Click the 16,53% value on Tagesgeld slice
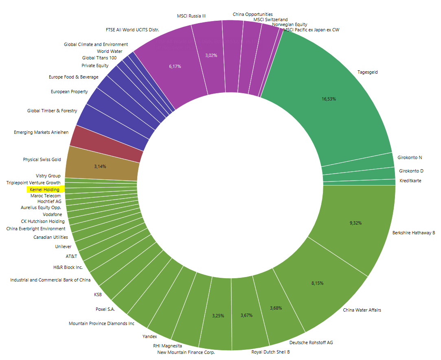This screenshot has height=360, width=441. click(329, 99)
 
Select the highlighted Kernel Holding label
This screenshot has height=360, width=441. click(44, 190)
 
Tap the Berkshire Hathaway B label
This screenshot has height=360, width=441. click(413, 233)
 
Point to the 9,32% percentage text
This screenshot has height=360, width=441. click(355, 223)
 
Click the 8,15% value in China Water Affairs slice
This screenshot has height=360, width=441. click(317, 283)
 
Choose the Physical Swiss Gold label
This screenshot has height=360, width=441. click(42, 159)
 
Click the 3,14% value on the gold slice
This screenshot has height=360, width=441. click(100, 166)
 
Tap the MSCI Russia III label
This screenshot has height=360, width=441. click(191, 16)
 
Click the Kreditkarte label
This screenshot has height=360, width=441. click(410, 181)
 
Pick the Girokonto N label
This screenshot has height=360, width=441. click(410, 157)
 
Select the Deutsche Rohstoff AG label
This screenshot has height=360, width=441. click(311, 343)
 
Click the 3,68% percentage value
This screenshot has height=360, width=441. click(276, 308)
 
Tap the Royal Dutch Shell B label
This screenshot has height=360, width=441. click(270, 352)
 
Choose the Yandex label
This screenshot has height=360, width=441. click(149, 336)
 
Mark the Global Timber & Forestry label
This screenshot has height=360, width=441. click(52, 111)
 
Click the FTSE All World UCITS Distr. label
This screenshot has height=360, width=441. click(132, 30)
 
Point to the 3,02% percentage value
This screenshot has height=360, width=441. click(211, 55)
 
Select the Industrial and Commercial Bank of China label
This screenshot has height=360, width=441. click(50, 280)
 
